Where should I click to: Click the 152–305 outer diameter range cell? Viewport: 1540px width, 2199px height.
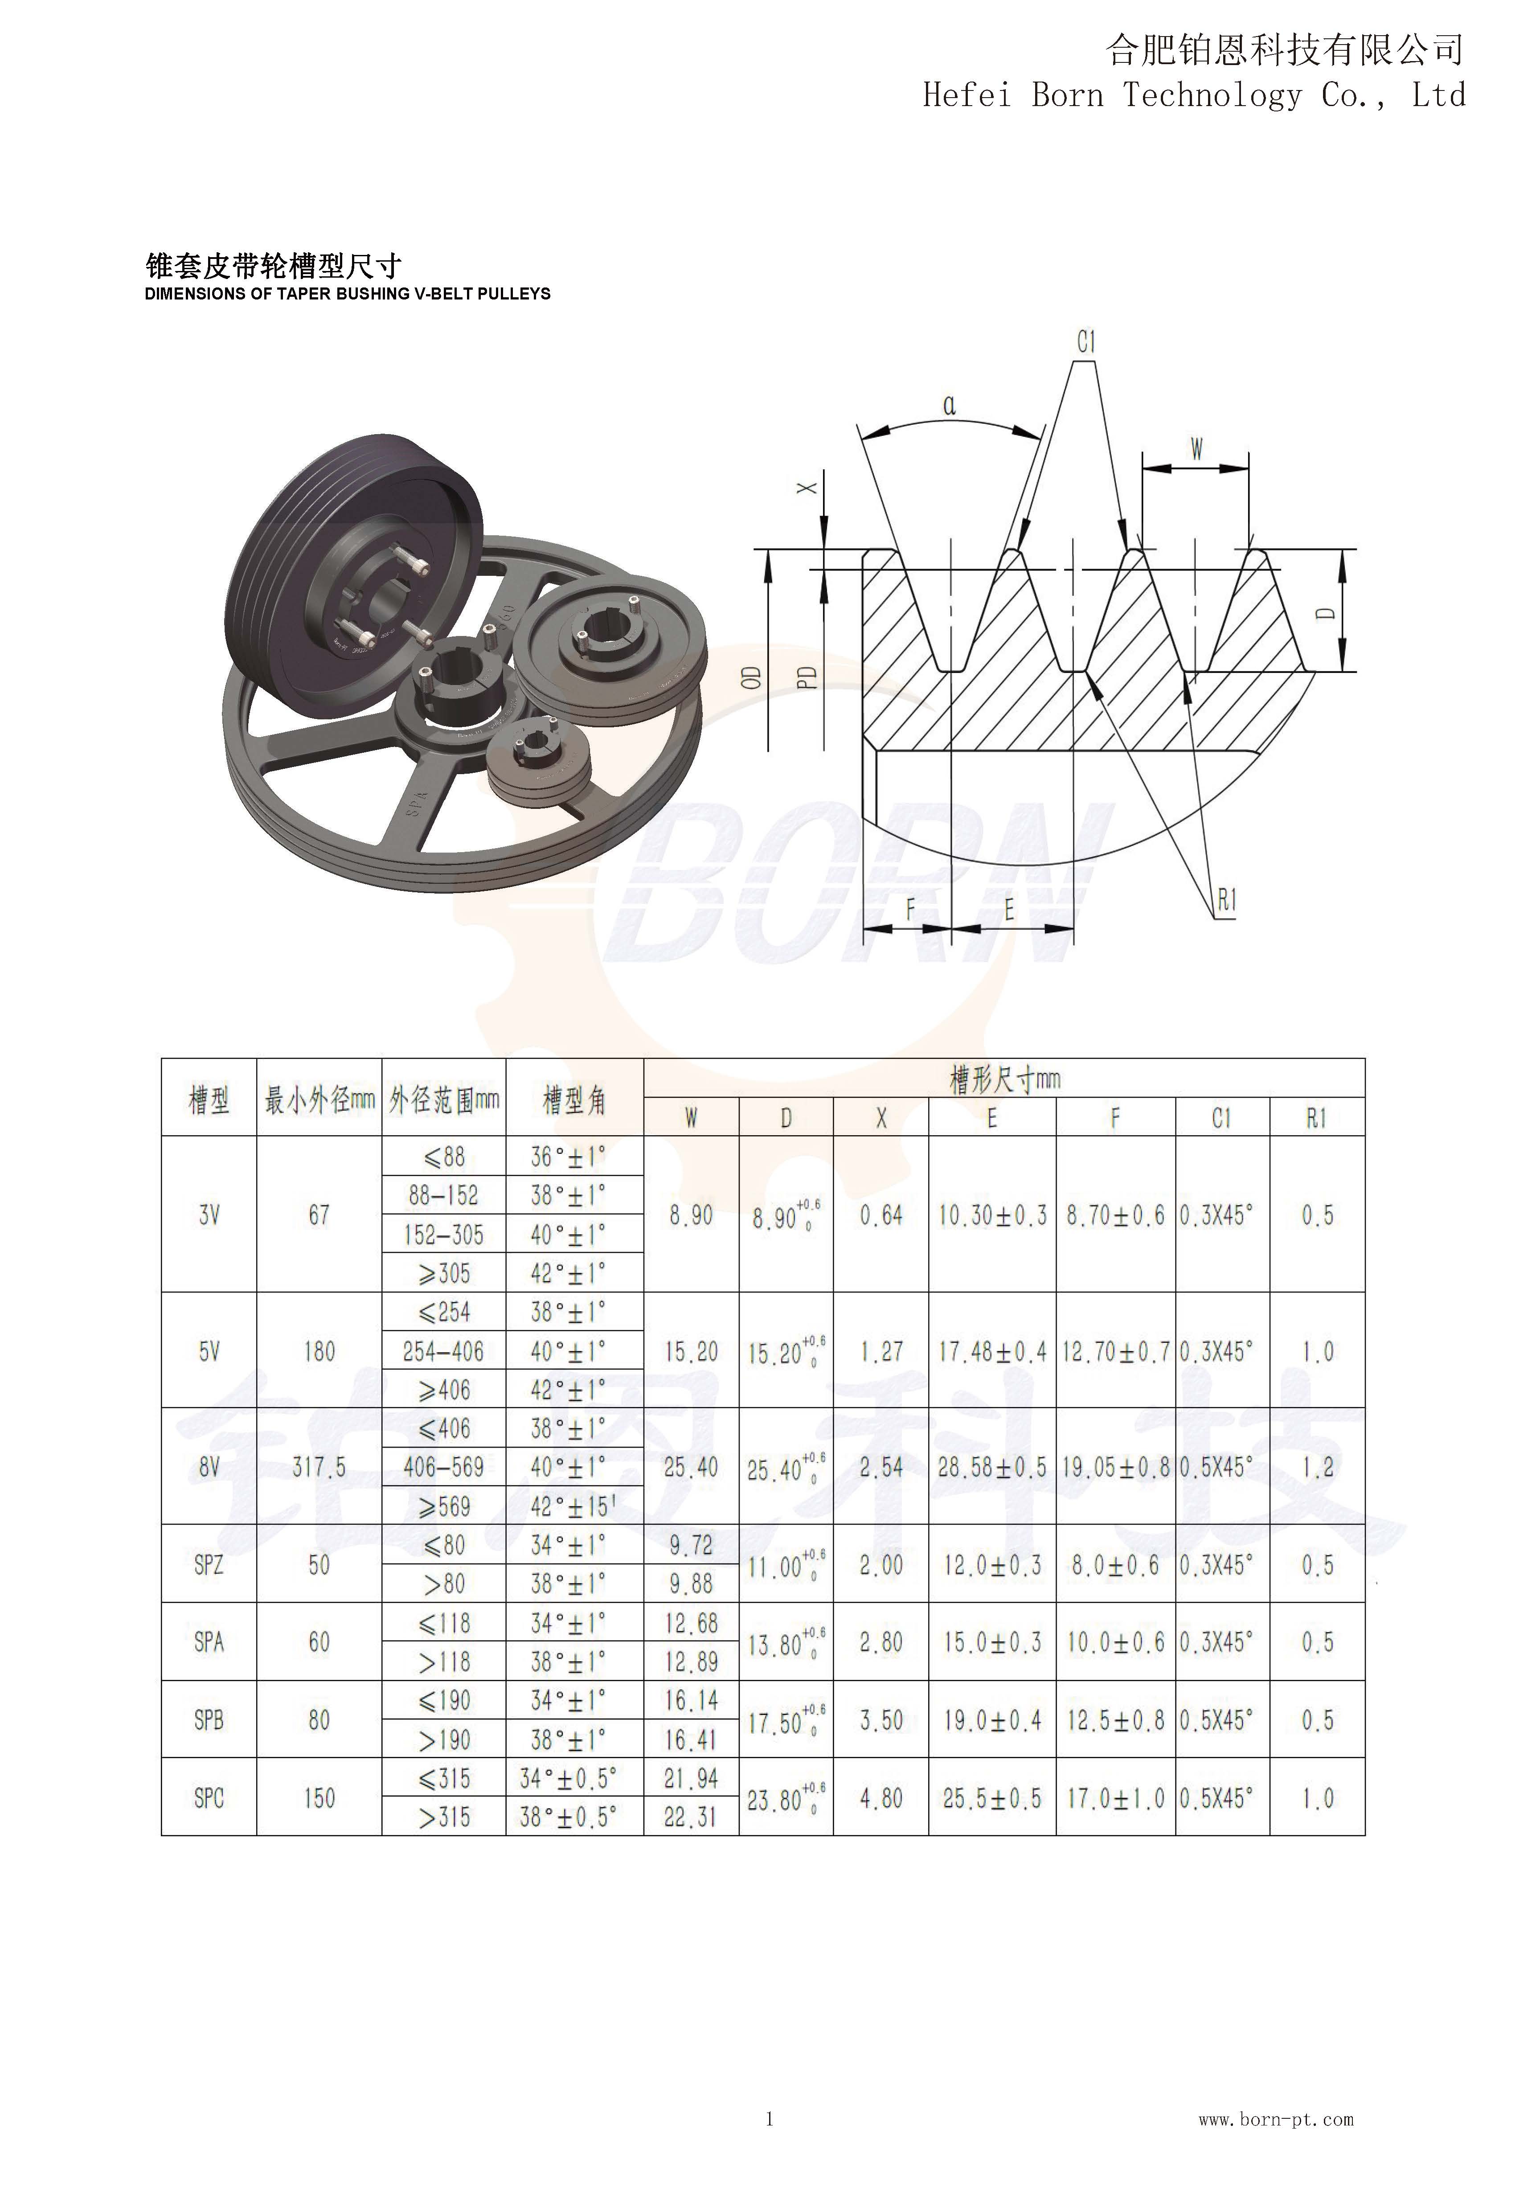443,1235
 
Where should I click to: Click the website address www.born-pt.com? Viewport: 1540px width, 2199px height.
1276,2120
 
